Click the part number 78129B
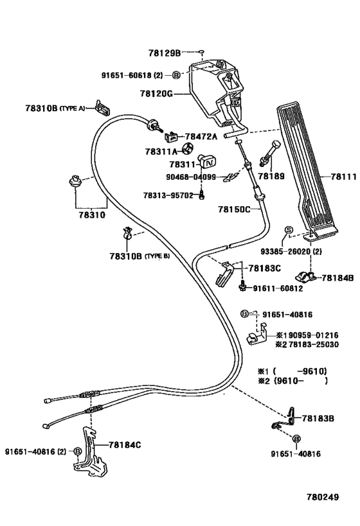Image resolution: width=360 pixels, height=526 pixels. click(x=165, y=53)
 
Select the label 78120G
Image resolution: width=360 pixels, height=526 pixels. click(x=156, y=94)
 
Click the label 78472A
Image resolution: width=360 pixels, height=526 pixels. click(x=201, y=137)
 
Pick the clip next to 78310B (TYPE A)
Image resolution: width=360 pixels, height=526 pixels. click(x=102, y=107)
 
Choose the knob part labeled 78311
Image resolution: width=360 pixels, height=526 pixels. click(x=207, y=161)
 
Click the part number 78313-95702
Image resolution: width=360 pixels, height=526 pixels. click(x=168, y=195)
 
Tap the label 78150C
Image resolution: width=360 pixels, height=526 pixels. click(x=234, y=209)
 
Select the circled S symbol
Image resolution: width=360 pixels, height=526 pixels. click(x=289, y=230)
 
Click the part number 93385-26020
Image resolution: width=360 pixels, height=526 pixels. click(x=286, y=251)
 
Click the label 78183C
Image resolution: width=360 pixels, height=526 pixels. click(x=265, y=268)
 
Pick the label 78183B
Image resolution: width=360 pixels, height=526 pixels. click(x=318, y=418)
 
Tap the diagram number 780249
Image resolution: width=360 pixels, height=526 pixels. click(x=323, y=497)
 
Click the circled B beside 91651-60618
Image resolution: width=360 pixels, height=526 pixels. click(x=177, y=76)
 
